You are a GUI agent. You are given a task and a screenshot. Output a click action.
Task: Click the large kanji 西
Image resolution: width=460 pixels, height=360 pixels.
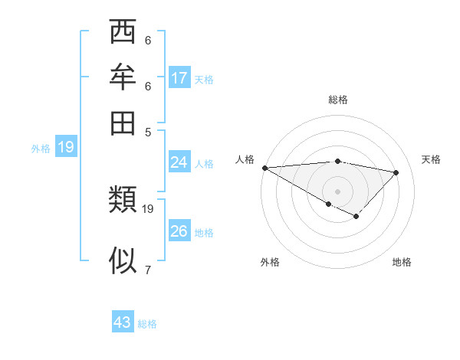click(123, 34)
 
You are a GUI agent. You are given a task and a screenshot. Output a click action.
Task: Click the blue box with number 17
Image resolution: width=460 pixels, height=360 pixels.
click(179, 78)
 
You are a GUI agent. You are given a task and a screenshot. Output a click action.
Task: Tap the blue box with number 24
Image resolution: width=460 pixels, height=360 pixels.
click(179, 162)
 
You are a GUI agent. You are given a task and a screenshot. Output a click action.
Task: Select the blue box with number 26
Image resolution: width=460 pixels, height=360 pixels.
click(179, 231)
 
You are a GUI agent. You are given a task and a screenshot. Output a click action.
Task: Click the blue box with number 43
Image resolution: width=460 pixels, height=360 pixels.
click(123, 322)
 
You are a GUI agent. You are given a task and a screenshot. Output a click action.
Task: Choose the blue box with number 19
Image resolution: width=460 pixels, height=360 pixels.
click(65, 147)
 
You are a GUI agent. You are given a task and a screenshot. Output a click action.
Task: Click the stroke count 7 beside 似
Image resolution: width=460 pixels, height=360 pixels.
click(147, 269)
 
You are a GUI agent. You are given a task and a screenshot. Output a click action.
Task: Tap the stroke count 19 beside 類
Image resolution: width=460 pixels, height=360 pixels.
click(148, 208)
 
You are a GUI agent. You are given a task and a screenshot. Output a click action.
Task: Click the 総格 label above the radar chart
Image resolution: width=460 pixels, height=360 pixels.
click(337, 100)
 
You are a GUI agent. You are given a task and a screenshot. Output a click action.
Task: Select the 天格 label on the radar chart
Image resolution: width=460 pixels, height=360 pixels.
click(431, 159)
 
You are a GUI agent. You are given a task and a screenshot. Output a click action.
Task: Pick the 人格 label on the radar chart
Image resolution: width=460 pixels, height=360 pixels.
click(245, 159)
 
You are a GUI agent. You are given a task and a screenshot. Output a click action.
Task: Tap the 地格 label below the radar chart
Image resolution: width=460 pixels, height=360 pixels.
click(402, 262)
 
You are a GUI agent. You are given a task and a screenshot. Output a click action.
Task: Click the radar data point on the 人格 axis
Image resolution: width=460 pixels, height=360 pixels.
click(264, 167)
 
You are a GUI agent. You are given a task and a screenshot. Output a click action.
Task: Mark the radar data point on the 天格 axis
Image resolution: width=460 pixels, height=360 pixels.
click(396, 172)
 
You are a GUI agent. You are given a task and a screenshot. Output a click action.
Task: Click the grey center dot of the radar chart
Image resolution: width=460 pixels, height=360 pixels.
click(337, 191)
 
